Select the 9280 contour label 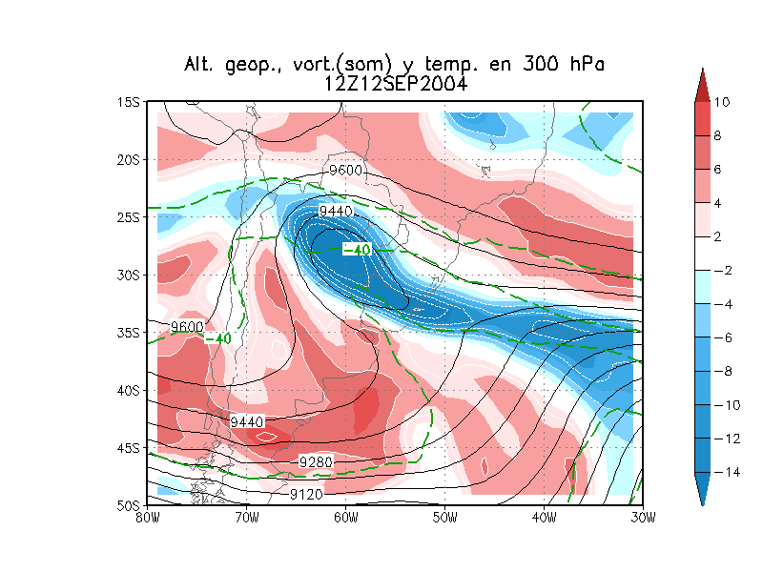click(316, 462)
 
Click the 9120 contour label click(308, 495)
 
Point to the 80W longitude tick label click(146, 517)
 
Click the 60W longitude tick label click(345, 517)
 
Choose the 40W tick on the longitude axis click(544, 517)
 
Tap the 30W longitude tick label click(643, 517)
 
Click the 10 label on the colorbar click(722, 102)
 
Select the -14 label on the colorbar click(726, 472)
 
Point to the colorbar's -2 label click(723, 271)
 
